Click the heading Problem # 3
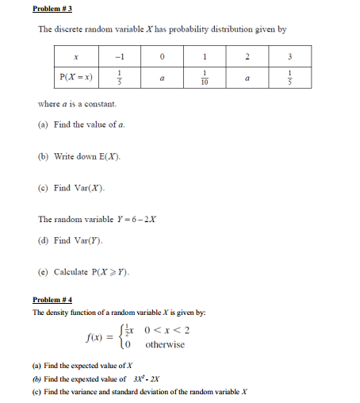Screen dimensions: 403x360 (x=52, y=9)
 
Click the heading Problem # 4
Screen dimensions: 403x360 (x=52, y=300)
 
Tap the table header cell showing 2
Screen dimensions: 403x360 (x=247, y=57)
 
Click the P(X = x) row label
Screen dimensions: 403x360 (x=75, y=79)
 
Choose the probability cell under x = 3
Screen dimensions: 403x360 (x=290, y=79)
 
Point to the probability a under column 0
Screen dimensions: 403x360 (x=162, y=79)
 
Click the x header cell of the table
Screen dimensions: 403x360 (x=75, y=57)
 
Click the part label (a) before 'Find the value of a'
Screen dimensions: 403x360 (x=43, y=125)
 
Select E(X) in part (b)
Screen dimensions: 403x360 (x=108, y=157)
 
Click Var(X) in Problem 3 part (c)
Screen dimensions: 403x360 (x=90, y=188)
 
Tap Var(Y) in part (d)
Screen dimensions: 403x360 (x=90, y=240)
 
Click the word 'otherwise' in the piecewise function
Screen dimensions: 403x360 (x=165, y=345)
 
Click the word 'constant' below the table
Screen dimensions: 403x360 (x=101, y=104)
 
